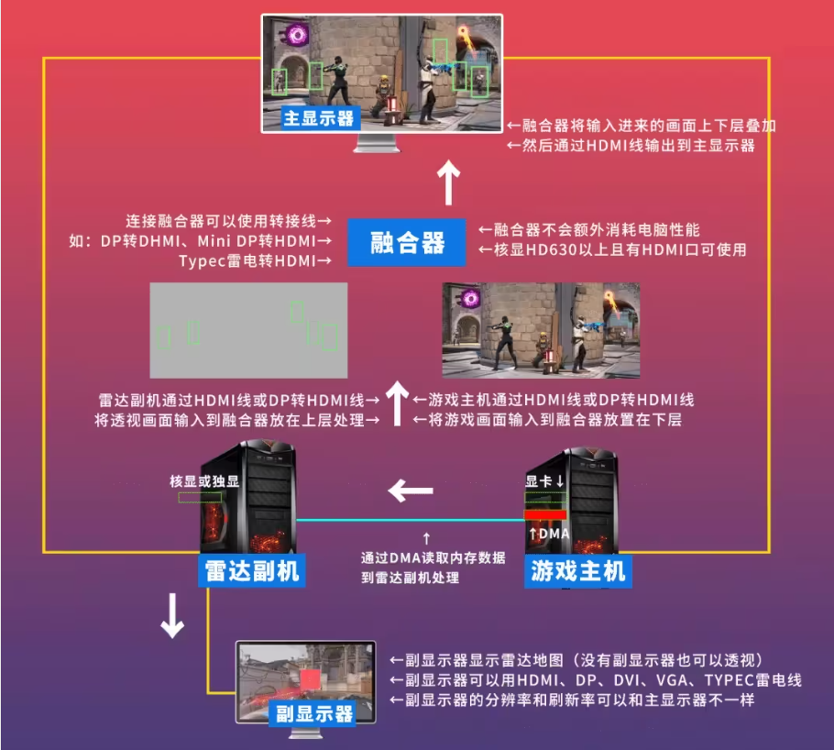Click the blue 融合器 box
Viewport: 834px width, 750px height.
[x=407, y=243]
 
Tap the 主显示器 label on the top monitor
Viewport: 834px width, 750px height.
[x=319, y=118]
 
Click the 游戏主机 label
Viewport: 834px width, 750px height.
[x=577, y=571]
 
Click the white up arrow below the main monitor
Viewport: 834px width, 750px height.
[x=448, y=183]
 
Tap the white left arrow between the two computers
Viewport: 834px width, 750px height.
[x=410, y=491]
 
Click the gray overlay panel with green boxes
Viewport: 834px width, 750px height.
[x=248, y=330]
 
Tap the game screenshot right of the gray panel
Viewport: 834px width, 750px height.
[x=541, y=330]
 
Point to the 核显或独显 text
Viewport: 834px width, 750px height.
[x=203, y=480]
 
